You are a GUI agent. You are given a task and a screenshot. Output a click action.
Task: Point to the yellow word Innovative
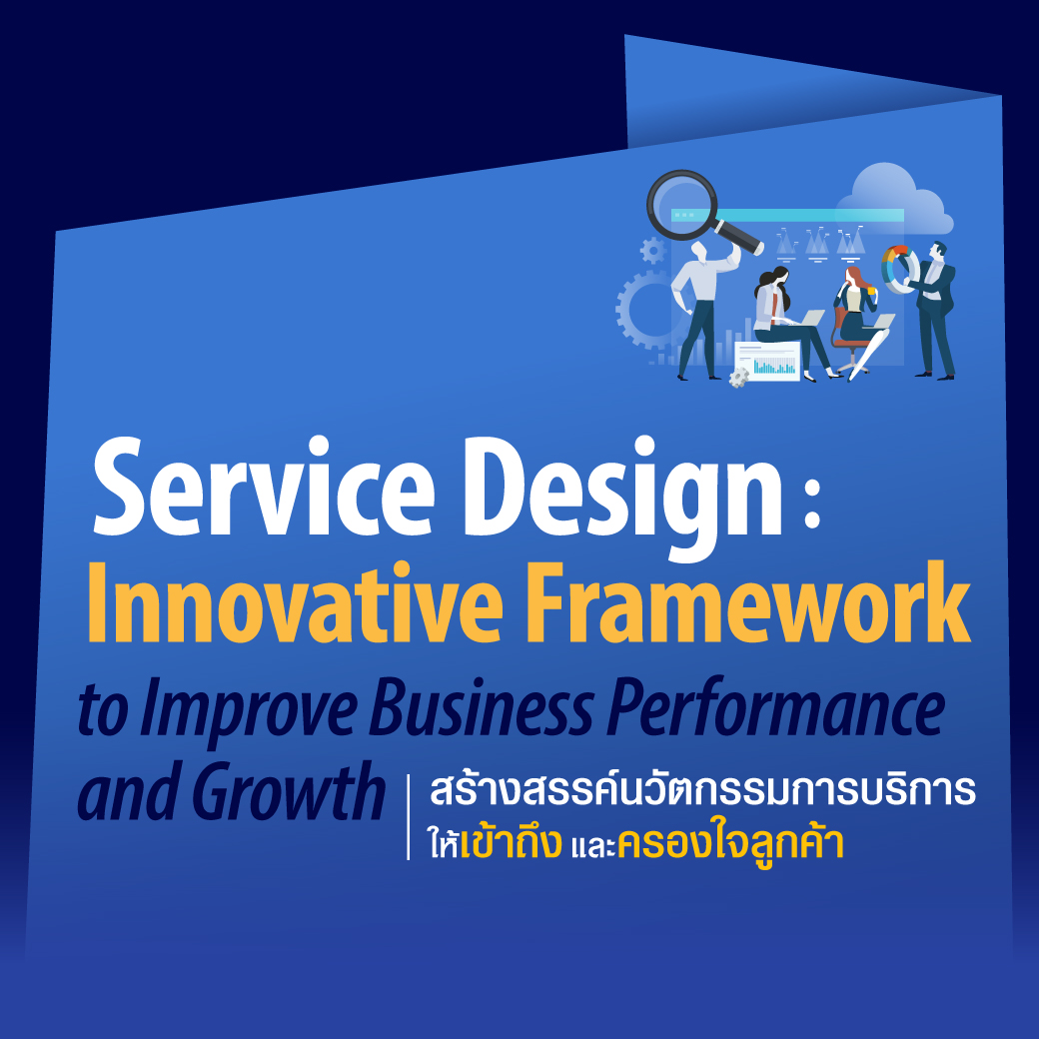click(295, 603)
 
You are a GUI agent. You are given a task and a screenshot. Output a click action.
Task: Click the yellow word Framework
click(748, 602)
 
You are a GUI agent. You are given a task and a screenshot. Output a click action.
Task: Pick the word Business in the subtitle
click(481, 708)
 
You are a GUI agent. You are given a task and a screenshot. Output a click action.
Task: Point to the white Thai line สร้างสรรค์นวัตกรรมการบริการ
click(703, 788)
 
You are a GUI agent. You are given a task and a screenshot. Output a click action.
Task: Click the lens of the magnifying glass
click(681, 204)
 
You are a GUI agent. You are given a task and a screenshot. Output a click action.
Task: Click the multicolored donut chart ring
click(900, 269)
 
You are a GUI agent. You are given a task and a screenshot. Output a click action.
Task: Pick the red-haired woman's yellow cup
click(871, 290)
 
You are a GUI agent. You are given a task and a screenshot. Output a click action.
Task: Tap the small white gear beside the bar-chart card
click(738, 378)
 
